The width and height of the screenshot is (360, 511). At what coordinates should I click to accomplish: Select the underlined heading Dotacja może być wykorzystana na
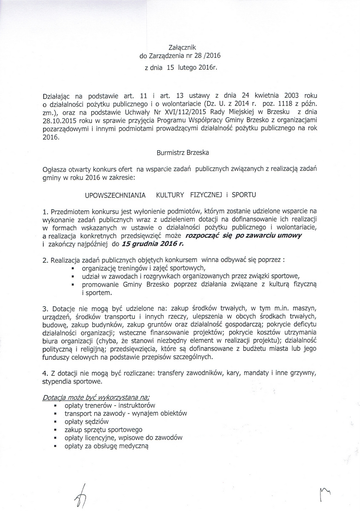pyautogui.click(x=81, y=397)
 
